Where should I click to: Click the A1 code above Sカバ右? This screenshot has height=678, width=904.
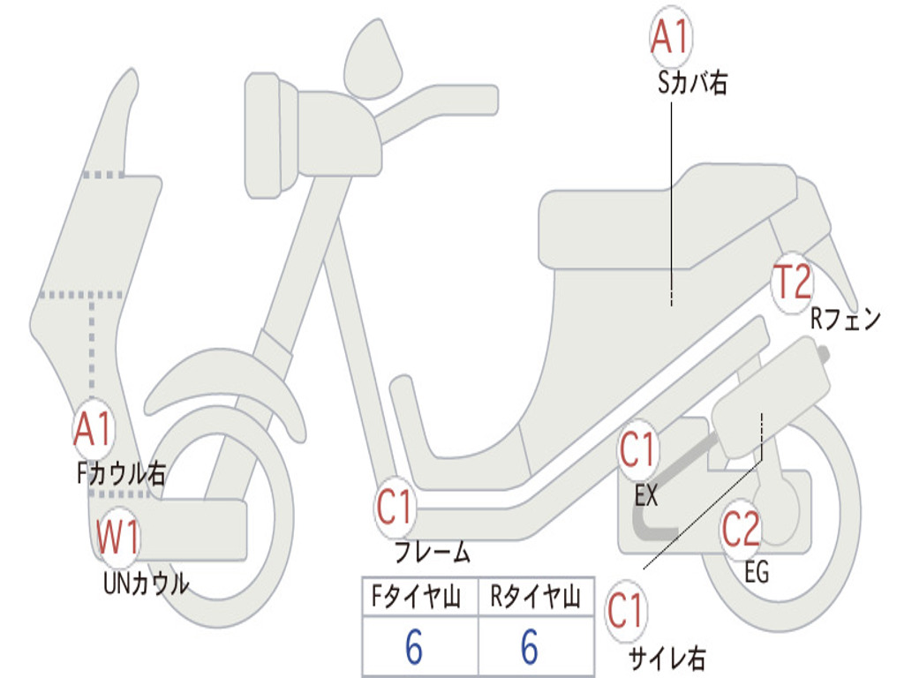670,38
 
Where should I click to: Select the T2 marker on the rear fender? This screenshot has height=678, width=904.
791,283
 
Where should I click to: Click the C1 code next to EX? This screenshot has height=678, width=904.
638,451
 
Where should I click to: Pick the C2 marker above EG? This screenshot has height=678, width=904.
742,530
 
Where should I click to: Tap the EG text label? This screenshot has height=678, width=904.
757,572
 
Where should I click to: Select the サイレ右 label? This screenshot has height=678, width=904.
667,657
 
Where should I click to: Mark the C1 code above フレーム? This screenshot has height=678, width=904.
396,508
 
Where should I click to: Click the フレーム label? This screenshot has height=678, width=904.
433,554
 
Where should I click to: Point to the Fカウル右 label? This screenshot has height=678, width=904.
121,474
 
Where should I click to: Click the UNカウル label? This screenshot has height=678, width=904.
147,584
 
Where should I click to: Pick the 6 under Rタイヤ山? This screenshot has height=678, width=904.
530,648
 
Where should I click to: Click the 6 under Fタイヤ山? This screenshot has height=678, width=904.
414,648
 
